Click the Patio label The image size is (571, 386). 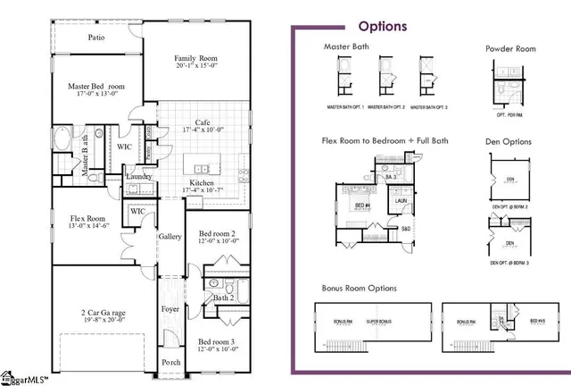point(95,38)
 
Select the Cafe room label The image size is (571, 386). point(203,123)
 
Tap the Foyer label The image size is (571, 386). point(170,309)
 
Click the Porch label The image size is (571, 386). point(170,362)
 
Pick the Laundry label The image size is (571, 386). point(138,177)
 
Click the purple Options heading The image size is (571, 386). point(382,26)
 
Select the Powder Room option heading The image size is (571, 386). point(510,48)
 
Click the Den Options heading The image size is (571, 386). point(509,140)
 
